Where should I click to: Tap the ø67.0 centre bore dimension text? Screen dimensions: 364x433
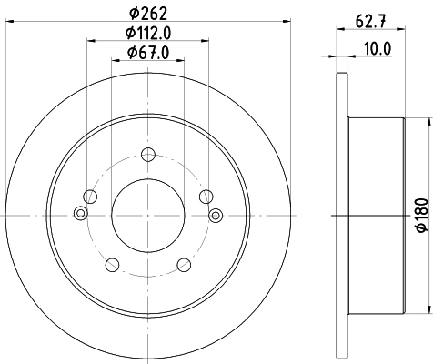tap(147, 54)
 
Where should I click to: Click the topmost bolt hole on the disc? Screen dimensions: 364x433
tap(147, 154)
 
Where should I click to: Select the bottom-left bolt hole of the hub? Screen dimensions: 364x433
tap(114, 264)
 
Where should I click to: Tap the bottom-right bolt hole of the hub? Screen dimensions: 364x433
tap(182, 264)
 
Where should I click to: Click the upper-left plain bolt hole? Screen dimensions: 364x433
tap(89, 196)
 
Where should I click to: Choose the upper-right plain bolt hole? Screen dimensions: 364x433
tap(206, 196)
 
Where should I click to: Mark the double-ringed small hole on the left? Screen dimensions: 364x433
tap(80, 215)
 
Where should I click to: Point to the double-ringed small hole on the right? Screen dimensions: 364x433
tap(216, 215)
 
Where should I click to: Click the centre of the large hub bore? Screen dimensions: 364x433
tap(147, 215)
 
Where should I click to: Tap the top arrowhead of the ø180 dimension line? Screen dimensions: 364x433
tap(407, 120)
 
